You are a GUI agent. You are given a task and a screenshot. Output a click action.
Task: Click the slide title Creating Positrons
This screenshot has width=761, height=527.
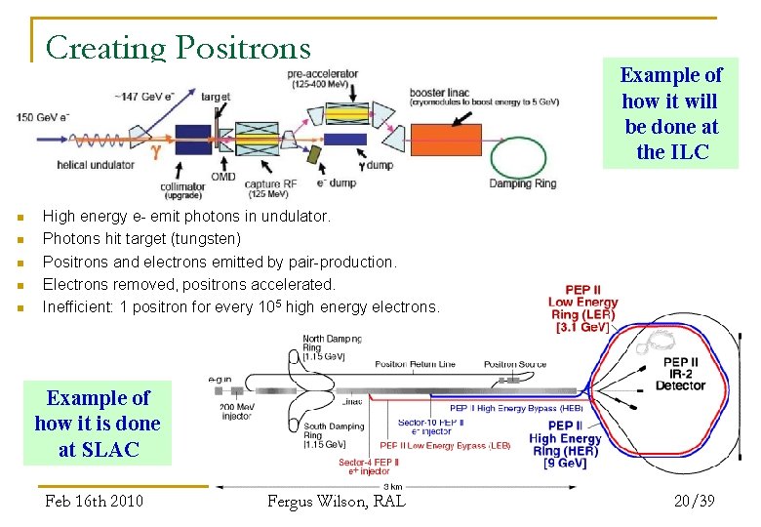click(x=178, y=47)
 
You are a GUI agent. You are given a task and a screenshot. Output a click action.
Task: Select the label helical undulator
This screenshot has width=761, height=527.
click(x=95, y=165)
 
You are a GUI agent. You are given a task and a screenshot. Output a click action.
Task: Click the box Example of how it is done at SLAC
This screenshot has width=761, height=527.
click(x=98, y=424)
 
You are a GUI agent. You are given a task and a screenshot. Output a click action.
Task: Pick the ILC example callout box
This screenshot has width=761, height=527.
click(x=671, y=113)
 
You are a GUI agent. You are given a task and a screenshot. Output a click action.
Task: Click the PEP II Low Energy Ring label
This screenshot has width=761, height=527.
click(x=582, y=308)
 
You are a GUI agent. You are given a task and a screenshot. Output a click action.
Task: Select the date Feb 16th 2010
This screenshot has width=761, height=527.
click(x=94, y=501)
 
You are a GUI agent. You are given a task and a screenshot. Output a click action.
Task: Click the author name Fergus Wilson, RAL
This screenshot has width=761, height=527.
click(x=337, y=501)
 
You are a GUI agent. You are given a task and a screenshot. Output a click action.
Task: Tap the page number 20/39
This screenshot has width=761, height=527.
click(x=694, y=501)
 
